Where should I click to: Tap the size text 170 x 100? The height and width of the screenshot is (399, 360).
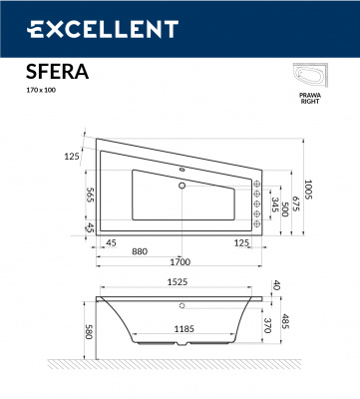point(38,92)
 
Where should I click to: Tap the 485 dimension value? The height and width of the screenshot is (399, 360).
point(286,322)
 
